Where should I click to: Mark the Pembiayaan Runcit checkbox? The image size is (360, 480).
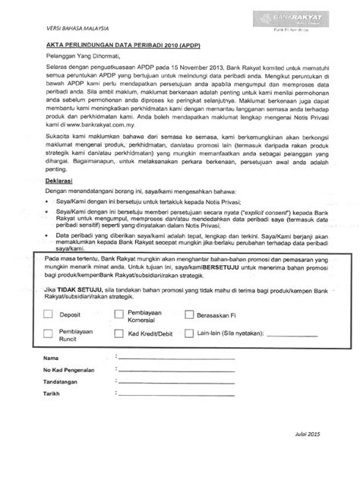[48, 334]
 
